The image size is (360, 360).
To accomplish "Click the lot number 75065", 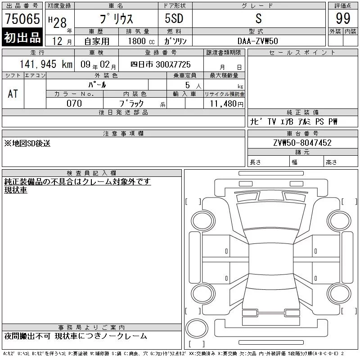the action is [x=22, y=18].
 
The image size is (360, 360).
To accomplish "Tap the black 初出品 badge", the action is [x=22, y=37].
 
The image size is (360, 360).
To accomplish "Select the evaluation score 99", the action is [x=343, y=18].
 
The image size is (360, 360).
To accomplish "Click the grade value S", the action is [x=258, y=18].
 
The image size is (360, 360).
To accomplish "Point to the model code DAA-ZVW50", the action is [x=257, y=41].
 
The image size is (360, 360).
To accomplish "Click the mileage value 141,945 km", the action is [x=46, y=64].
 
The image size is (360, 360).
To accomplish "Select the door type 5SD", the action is [x=174, y=18].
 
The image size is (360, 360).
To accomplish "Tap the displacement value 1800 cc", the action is [x=141, y=41].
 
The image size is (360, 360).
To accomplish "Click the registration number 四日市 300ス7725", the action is [x=161, y=64].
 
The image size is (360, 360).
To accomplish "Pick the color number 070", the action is [x=74, y=103].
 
